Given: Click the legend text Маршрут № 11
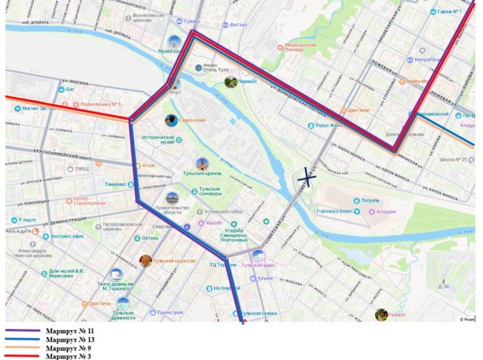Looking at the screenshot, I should click(x=70, y=331).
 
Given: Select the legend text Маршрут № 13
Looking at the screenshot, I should click(x=70, y=340).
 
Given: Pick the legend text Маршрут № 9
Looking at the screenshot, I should click(x=68, y=348).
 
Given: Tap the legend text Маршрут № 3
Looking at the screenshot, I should click(x=68, y=356).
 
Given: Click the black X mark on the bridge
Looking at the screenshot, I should click(x=307, y=177).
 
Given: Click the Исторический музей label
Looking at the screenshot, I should click(x=158, y=140).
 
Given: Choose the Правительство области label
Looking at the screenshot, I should click(x=172, y=211).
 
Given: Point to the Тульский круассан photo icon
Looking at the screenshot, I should click(x=146, y=261).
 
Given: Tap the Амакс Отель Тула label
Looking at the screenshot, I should click(x=219, y=69).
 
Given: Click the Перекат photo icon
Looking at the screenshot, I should click(x=231, y=82).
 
